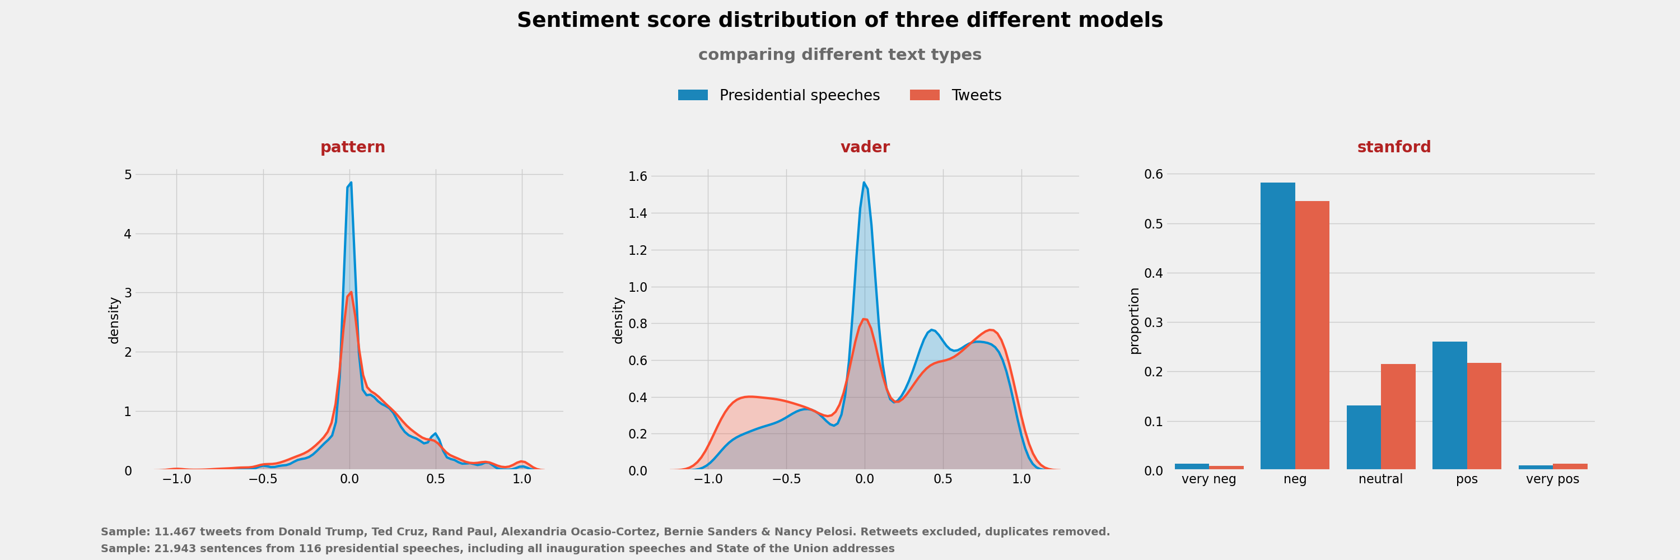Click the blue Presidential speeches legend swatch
coord(693,95)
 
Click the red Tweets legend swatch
coord(924,95)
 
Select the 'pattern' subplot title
coord(352,147)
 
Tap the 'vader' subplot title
coord(865,147)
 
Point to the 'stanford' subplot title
coord(1394,147)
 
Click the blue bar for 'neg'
coord(1277,326)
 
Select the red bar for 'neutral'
coord(1398,417)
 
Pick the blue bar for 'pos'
coord(1449,405)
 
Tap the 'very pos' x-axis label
coord(1552,479)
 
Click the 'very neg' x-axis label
coord(1208,479)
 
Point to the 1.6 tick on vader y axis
coord(637,176)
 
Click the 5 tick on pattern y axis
coord(128,175)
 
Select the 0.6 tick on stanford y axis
coord(1153,174)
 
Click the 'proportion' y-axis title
coord(1134,321)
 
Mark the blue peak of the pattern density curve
coord(351,183)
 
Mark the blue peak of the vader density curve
coord(864,183)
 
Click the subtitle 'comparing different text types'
coord(839,55)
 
